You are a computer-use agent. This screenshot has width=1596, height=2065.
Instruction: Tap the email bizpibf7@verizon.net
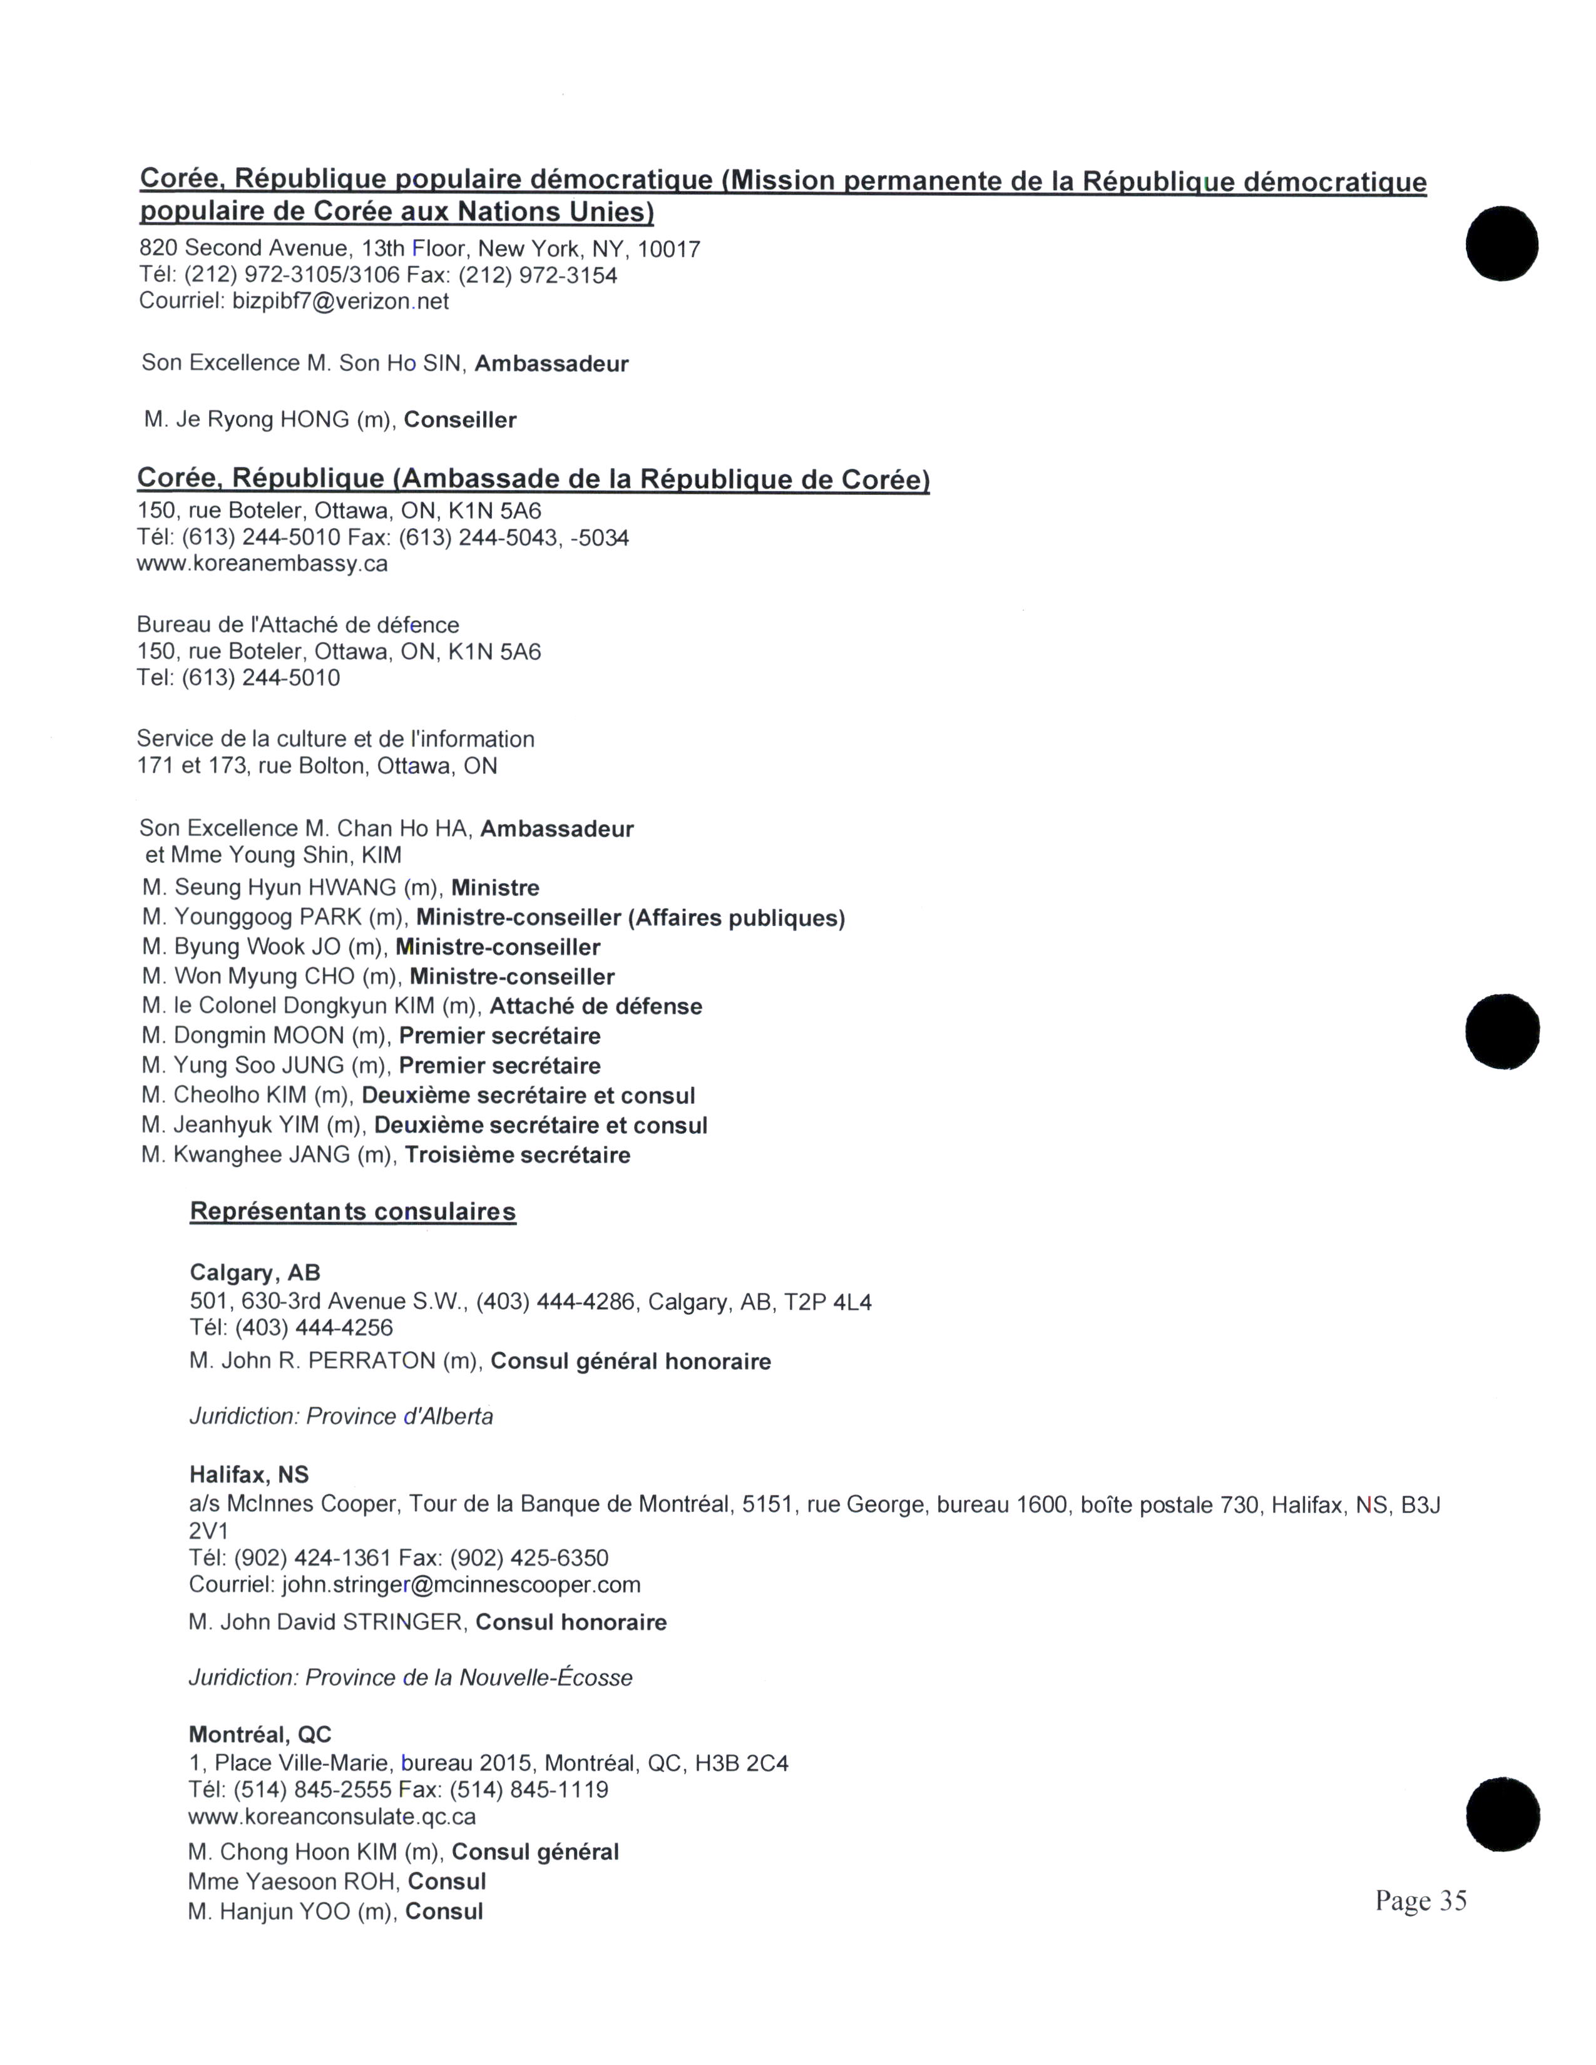click(x=340, y=302)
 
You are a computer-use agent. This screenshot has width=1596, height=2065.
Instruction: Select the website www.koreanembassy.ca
click(x=262, y=564)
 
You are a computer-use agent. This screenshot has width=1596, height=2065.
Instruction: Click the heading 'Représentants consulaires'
click(x=352, y=1212)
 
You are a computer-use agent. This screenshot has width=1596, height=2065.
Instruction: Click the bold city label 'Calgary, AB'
click(x=255, y=1273)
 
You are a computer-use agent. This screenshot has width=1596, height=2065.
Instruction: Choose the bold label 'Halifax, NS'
click(x=248, y=1475)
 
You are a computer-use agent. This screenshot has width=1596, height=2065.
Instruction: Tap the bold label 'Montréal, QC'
click(x=260, y=1734)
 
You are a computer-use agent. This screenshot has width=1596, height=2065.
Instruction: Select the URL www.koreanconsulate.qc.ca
click(x=332, y=1817)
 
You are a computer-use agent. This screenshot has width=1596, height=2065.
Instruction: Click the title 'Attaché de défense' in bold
click(x=596, y=1006)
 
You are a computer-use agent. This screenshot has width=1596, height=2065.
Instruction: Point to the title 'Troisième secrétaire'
click(x=517, y=1155)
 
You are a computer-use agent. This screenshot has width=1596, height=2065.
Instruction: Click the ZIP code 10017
click(x=668, y=250)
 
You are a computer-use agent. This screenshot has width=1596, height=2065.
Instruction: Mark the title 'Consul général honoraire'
click(x=631, y=1362)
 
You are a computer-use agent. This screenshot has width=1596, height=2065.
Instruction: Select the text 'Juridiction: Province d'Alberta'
click(x=340, y=1416)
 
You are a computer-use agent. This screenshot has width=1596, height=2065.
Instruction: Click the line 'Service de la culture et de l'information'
click(x=335, y=740)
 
